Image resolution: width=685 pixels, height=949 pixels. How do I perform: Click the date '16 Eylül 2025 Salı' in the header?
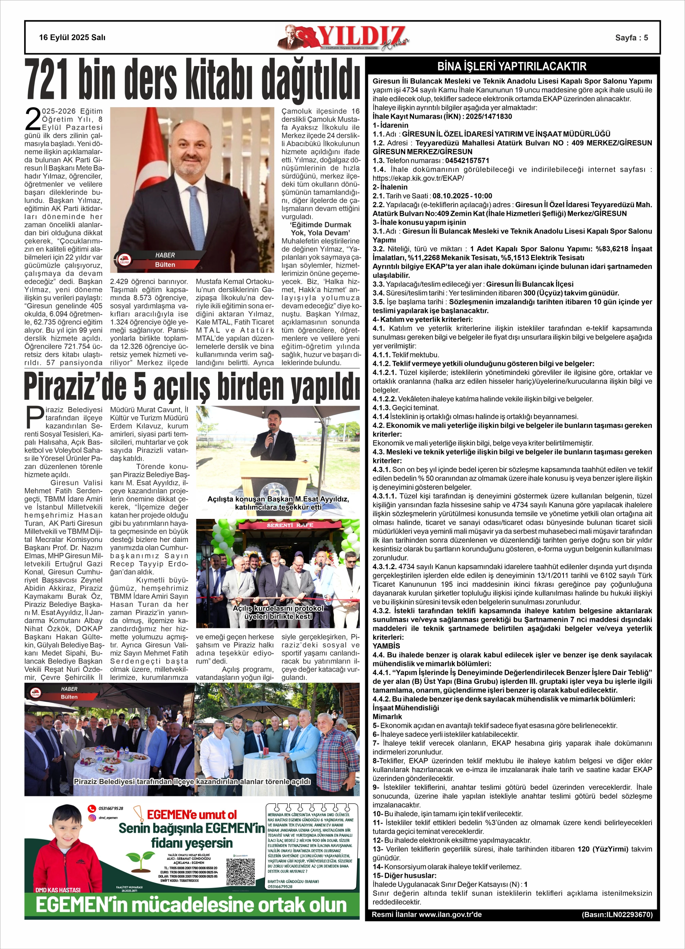72,38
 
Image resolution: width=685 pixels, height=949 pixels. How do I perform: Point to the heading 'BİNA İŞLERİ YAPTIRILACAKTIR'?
512,66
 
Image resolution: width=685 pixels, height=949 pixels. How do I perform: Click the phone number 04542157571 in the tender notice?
467,161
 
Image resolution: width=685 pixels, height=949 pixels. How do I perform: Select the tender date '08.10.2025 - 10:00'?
462,196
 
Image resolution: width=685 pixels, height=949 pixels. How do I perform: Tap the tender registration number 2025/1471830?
489,116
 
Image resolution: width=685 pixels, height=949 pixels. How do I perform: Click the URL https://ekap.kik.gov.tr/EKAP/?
418,178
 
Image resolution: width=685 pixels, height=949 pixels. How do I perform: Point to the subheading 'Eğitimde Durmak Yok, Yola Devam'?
321,229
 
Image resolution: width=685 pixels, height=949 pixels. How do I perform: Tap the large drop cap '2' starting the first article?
32,119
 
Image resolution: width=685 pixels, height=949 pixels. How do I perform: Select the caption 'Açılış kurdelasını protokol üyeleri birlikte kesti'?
278,612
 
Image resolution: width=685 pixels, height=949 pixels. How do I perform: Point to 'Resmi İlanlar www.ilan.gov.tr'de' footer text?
426,915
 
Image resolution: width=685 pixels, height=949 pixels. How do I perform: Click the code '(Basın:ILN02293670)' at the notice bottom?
616,915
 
